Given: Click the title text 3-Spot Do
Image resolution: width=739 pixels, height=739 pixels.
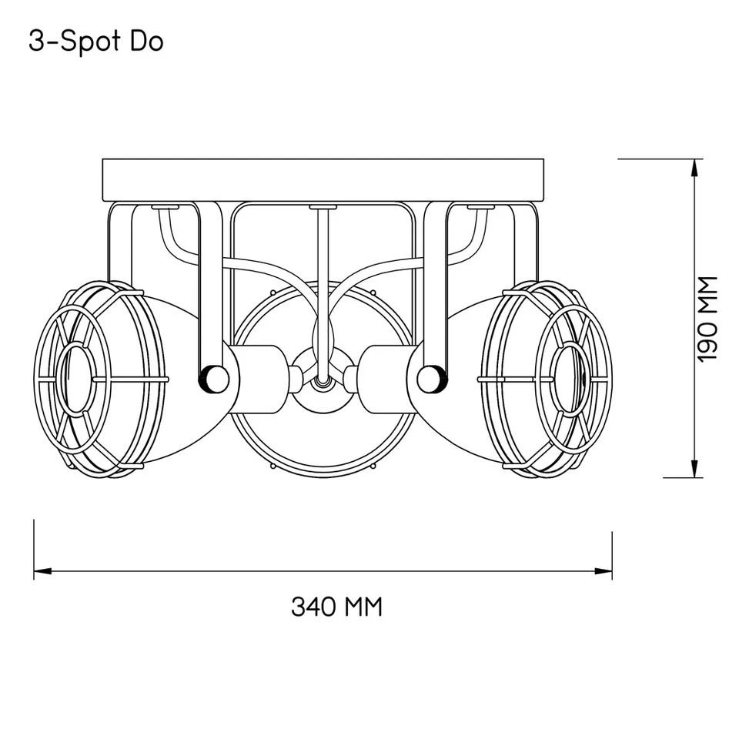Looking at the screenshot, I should (95, 42).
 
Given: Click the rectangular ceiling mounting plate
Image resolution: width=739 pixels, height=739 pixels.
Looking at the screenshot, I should (323, 179).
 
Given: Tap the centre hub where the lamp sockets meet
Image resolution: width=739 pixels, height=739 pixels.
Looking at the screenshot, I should (322, 377).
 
